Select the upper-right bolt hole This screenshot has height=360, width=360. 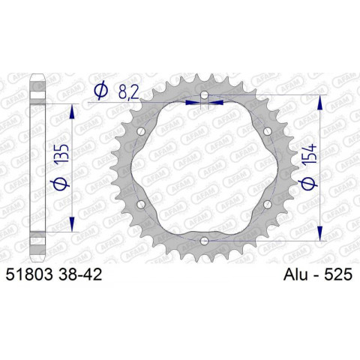pos(267,131)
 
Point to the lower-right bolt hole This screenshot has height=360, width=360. pos(267,203)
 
